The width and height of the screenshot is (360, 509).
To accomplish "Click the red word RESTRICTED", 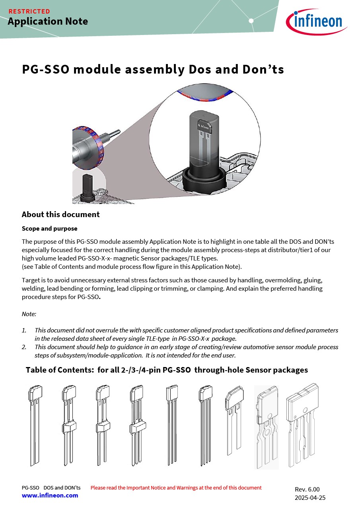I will (29, 11).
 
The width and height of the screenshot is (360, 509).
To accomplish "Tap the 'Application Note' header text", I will (48, 21).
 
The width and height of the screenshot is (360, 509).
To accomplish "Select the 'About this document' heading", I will (60, 214).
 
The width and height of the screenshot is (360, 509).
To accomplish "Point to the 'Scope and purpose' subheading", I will (49, 229).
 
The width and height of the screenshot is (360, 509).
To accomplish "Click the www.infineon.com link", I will (50, 495).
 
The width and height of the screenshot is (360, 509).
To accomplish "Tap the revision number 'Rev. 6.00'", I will (307, 489).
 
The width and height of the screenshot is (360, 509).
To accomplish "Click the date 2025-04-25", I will (310, 497).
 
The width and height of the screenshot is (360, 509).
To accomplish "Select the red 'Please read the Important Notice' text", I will (176, 488).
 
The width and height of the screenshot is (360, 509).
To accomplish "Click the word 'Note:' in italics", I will (29, 314).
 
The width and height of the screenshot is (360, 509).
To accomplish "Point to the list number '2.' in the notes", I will (24, 347).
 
